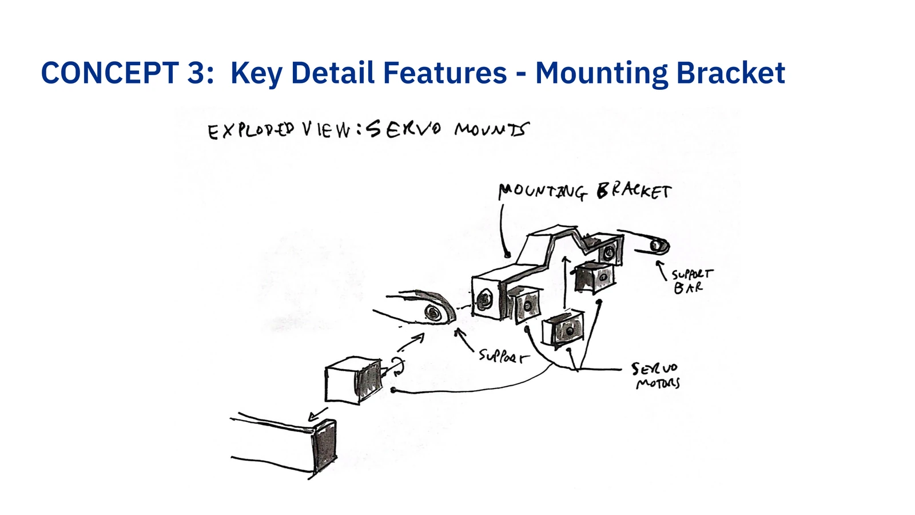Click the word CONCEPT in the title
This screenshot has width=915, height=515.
[x=110, y=73]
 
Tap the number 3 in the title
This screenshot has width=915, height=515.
[x=197, y=73]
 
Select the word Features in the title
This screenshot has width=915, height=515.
[x=445, y=73]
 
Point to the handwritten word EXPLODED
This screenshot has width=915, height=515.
[x=251, y=131]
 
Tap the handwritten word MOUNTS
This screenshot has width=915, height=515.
[x=492, y=129]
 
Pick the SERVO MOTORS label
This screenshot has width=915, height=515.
[x=656, y=375]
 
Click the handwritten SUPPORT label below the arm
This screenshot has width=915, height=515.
[x=503, y=356]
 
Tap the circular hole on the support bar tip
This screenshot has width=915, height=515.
[x=656, y=245]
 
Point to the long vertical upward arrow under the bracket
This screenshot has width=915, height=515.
[x=565, y=283]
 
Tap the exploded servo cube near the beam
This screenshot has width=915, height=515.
[x=354, y=381]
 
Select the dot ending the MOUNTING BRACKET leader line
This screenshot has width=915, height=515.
[x=508, y=255]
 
